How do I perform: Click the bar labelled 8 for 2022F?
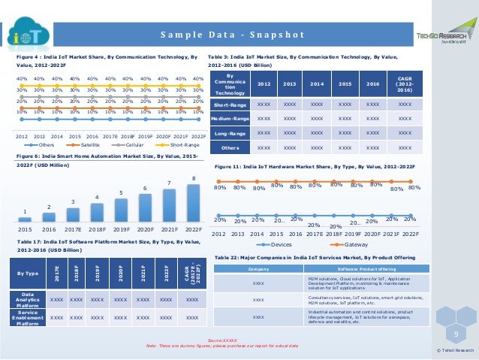pos(194,201)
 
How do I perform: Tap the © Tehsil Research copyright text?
pos(455,350)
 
